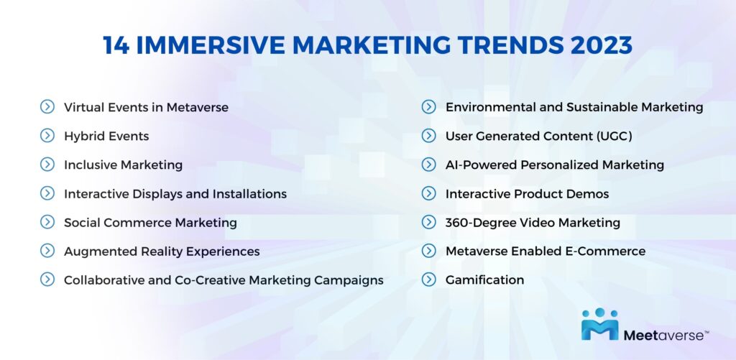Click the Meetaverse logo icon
click(599, 324)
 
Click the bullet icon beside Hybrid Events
click(47, 136)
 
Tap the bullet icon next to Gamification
click(428, 280)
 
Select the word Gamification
click(484, 280)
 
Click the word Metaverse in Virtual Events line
click(197, 107)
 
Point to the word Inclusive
click(91, 165)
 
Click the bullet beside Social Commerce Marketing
click(47, 222)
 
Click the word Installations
click(249, 194)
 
